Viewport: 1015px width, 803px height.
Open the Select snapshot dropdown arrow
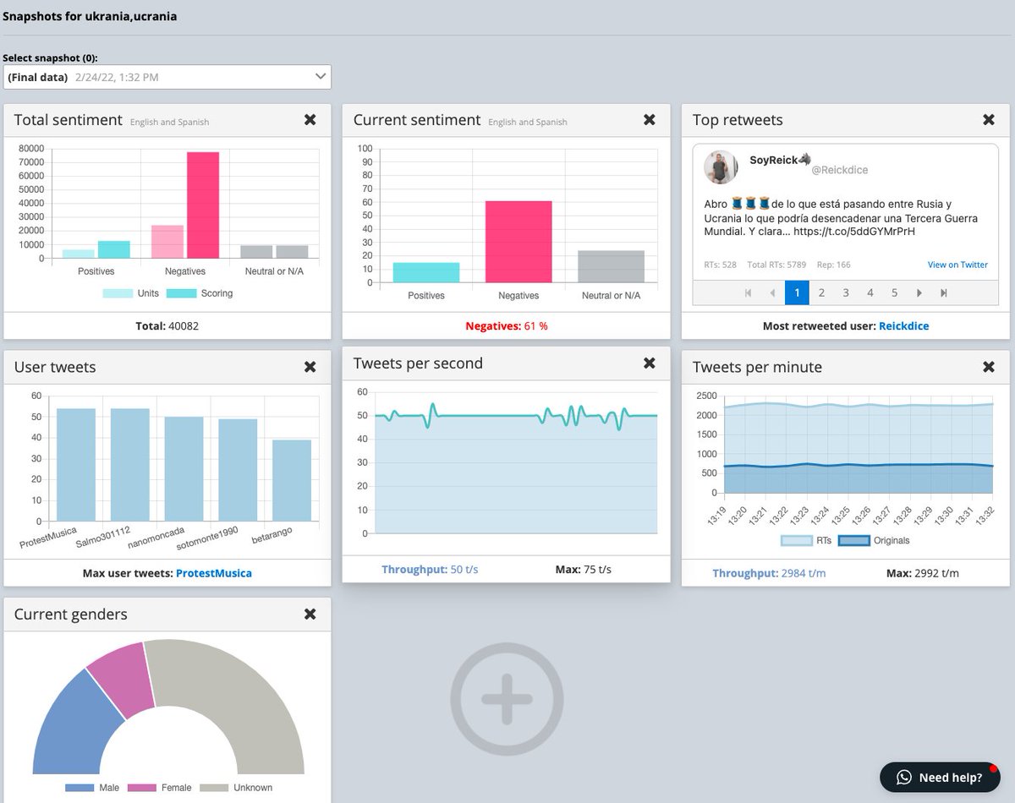(x=321, y=76)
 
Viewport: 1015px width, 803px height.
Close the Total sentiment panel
(x=310, y=120)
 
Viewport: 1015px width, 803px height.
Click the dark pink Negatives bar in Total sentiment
(x=203, y=205)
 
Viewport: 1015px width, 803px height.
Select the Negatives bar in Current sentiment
(x=518, y=242)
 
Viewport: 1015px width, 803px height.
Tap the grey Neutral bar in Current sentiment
(x=611, y=266)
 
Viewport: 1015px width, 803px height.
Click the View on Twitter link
(x=957, y=265)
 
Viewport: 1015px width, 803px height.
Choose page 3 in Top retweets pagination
(x=846, y=292)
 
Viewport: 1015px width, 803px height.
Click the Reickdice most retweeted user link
(x=903, y=325)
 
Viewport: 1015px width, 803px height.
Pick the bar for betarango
(x=292, y=480)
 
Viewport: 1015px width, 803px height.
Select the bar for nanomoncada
(x=184, y=468)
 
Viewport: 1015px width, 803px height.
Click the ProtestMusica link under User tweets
(x=214, y=573)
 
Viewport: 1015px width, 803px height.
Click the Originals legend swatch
(x=854, y=540)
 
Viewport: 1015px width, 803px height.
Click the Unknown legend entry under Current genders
(x=236, y=788)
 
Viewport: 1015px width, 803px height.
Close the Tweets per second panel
(x=650, y=363)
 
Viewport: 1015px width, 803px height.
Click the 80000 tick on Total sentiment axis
(x=31, y=149)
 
